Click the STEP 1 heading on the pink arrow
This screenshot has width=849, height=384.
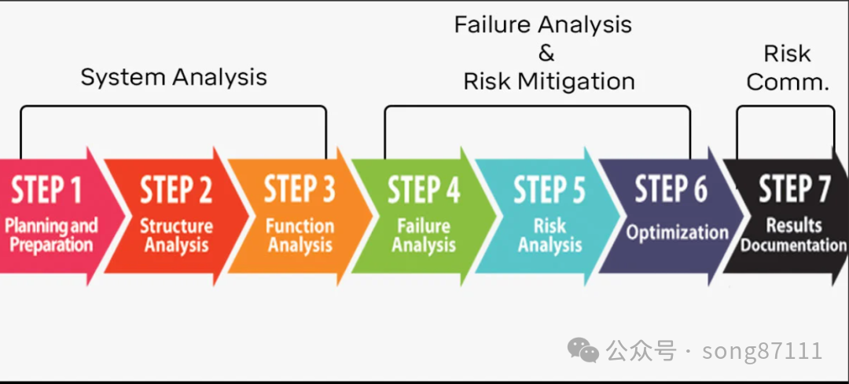pyautogui.click(x=46, y=190)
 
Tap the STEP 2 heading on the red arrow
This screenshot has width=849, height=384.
pyautogui.click(x=176, y=190)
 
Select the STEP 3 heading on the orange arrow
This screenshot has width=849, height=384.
pyautogui.click(x=300, y=190)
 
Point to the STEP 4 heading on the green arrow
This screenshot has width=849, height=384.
pyautogui.click(x=424, y=190)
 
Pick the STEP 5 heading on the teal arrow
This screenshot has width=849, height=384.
pyautogui.click(x=549, y=190)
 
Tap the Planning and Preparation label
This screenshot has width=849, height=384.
pyautogui.click(x=51, y=235)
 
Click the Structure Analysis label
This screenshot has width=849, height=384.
pyautogui.click(x=176, y=235)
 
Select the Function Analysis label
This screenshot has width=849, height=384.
pyautogui.click(x=300, y=235)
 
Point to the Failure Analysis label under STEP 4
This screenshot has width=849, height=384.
pyautogui.click(x=424, y=235)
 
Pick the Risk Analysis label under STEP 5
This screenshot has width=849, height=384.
pyautogui.click(x=549, y=235)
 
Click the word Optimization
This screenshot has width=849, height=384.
pyautogui.click(x=677, y=232)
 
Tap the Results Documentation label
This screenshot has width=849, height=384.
pyautogui.click(x=793, y=235)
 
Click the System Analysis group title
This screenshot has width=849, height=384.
pyautogui.click(x=174, y=77)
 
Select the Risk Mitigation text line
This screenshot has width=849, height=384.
pyautogui.click(x=549, y=81)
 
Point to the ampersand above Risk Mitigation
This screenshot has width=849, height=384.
pyautogui.click(x=546, y=53)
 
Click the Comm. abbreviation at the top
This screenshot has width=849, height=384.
pyautogui.click(x=788, y=82)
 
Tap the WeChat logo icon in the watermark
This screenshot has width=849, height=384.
pyautogui.click(x=583, y=350)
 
